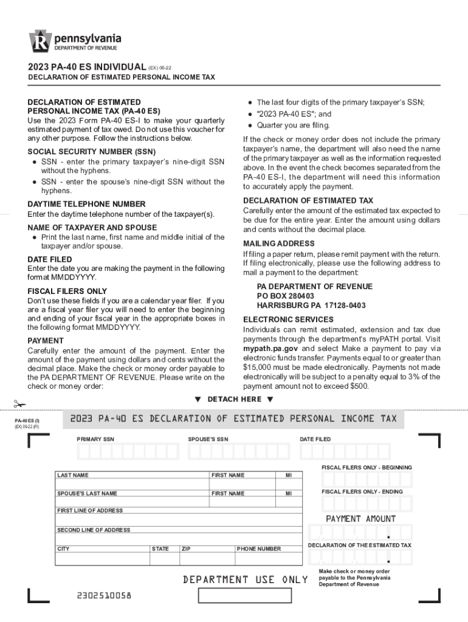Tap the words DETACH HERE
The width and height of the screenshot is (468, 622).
[234, 399]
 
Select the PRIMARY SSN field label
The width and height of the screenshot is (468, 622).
[95, 439]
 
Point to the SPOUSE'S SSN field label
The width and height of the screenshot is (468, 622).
[208, 439]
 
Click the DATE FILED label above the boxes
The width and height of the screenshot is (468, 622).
[315, 439]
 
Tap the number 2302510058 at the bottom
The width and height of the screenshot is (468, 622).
[104, 595]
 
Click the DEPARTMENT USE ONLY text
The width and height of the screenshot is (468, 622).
[246, 579]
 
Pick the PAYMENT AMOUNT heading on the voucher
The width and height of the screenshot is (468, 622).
[360, 519]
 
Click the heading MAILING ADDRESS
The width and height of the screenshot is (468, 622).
[279, 244]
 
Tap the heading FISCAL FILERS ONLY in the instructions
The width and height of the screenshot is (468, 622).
[67, 292]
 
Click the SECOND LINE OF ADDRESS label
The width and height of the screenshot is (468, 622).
[94, 530]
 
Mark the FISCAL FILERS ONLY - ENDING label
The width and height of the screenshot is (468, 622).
[362, 491]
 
